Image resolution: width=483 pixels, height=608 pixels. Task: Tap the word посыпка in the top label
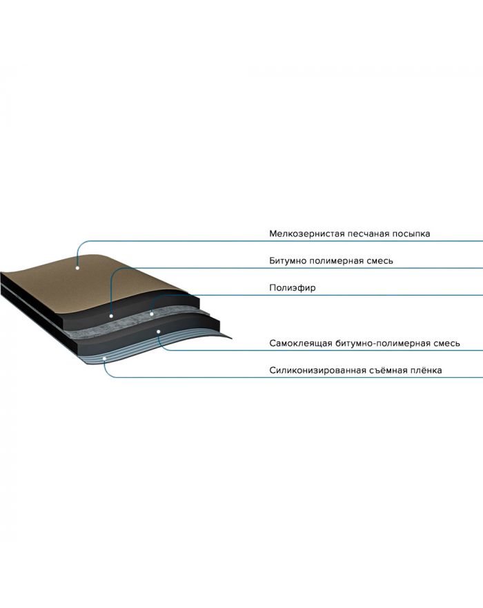[411, 234]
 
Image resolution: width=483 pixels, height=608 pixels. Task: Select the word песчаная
[368, 234]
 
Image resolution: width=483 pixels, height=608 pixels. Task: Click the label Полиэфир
[293, 287]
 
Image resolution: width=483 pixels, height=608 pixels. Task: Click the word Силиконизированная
[317, 370]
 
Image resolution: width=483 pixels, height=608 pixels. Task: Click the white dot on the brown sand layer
[77, 268]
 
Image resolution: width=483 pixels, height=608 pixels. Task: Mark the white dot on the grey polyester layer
[152, 314]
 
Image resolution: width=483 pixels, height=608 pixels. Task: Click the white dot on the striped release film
[104, 359]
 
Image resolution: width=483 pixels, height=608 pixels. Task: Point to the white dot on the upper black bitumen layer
[111, 316]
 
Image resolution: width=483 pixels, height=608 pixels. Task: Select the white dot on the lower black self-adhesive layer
[159, 332]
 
